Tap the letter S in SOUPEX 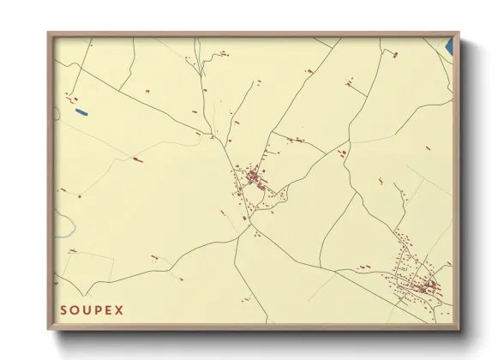point(63,308)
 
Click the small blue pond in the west point(81,111)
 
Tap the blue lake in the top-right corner point(447,46)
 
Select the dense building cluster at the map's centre point(254,177)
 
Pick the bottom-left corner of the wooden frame point(49,329)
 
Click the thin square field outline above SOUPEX point(89,267)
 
